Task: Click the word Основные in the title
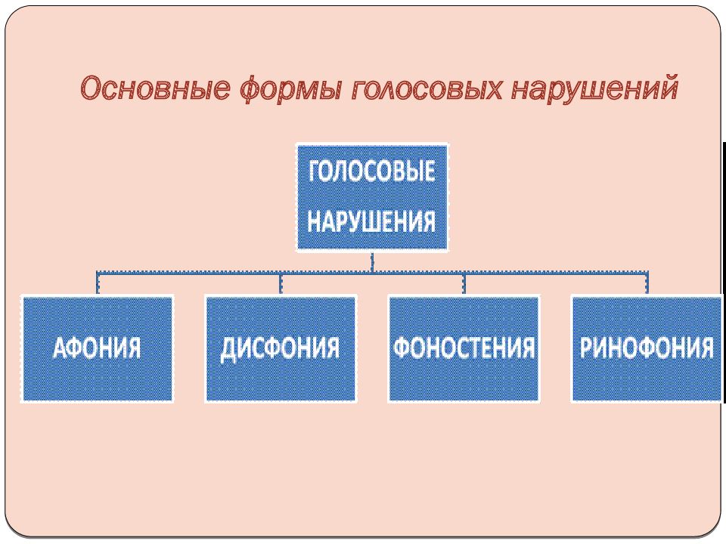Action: tap(155, 88)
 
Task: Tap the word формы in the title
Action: tap(291, 89)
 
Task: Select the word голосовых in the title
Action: tap(427, 88)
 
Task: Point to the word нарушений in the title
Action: tap(595, 87)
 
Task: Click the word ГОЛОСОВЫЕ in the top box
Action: tap(372, 172)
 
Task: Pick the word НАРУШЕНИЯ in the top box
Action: tap(372, 221)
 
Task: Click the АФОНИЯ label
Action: tap(97, 348)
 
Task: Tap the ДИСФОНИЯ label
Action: tap(280, 348)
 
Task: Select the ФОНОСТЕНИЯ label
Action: tap(464, 348)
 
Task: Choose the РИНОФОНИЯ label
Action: tap(647, 348)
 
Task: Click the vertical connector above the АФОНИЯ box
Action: tap(98, 283)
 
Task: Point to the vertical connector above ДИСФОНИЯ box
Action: tap(281, 283)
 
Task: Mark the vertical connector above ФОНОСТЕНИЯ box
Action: tap(464, 283)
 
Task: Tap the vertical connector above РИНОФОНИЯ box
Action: tap(647, 283)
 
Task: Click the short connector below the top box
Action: tap(372, 262)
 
